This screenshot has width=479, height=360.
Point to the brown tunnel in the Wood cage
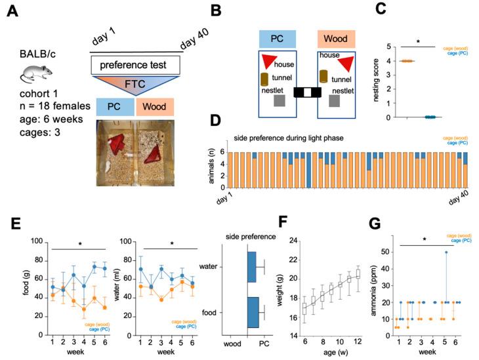323,75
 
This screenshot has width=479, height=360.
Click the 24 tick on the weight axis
352,241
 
